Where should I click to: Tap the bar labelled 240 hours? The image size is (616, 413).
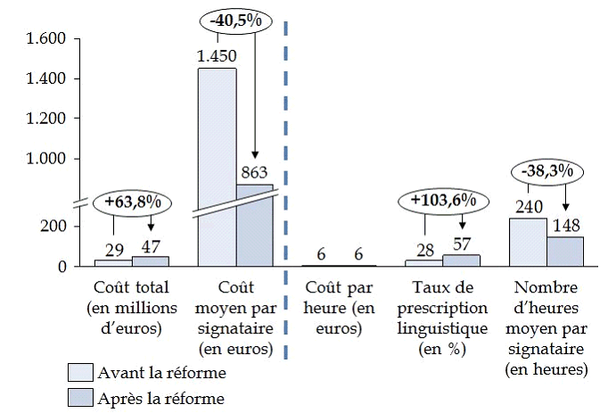[527, 242]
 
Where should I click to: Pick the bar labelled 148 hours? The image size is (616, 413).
[564, 251]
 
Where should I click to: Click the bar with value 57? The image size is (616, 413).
[461, 260]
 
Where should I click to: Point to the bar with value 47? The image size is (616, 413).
[150, 261]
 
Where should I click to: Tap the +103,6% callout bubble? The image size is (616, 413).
[442, 200]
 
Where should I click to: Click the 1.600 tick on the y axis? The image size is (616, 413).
[46, 39]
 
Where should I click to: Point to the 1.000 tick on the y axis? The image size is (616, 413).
[46, 159]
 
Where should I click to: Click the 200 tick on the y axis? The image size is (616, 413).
[54, 227]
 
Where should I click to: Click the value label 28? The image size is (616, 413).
[423, 247]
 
